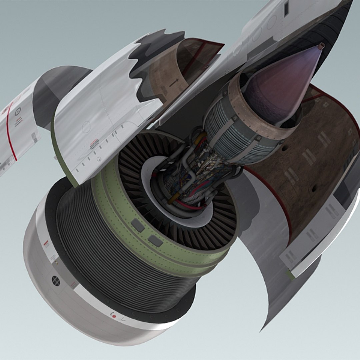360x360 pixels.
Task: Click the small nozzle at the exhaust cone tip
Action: pyautogui.click(x=321, y=46)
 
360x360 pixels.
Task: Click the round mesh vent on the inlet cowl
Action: pyautogui.click(x=56, y=281)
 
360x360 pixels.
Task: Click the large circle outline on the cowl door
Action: pyautogui.click(x=86, y=127)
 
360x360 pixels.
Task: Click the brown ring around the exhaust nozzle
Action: pyautogui.click(x=253, y=110)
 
